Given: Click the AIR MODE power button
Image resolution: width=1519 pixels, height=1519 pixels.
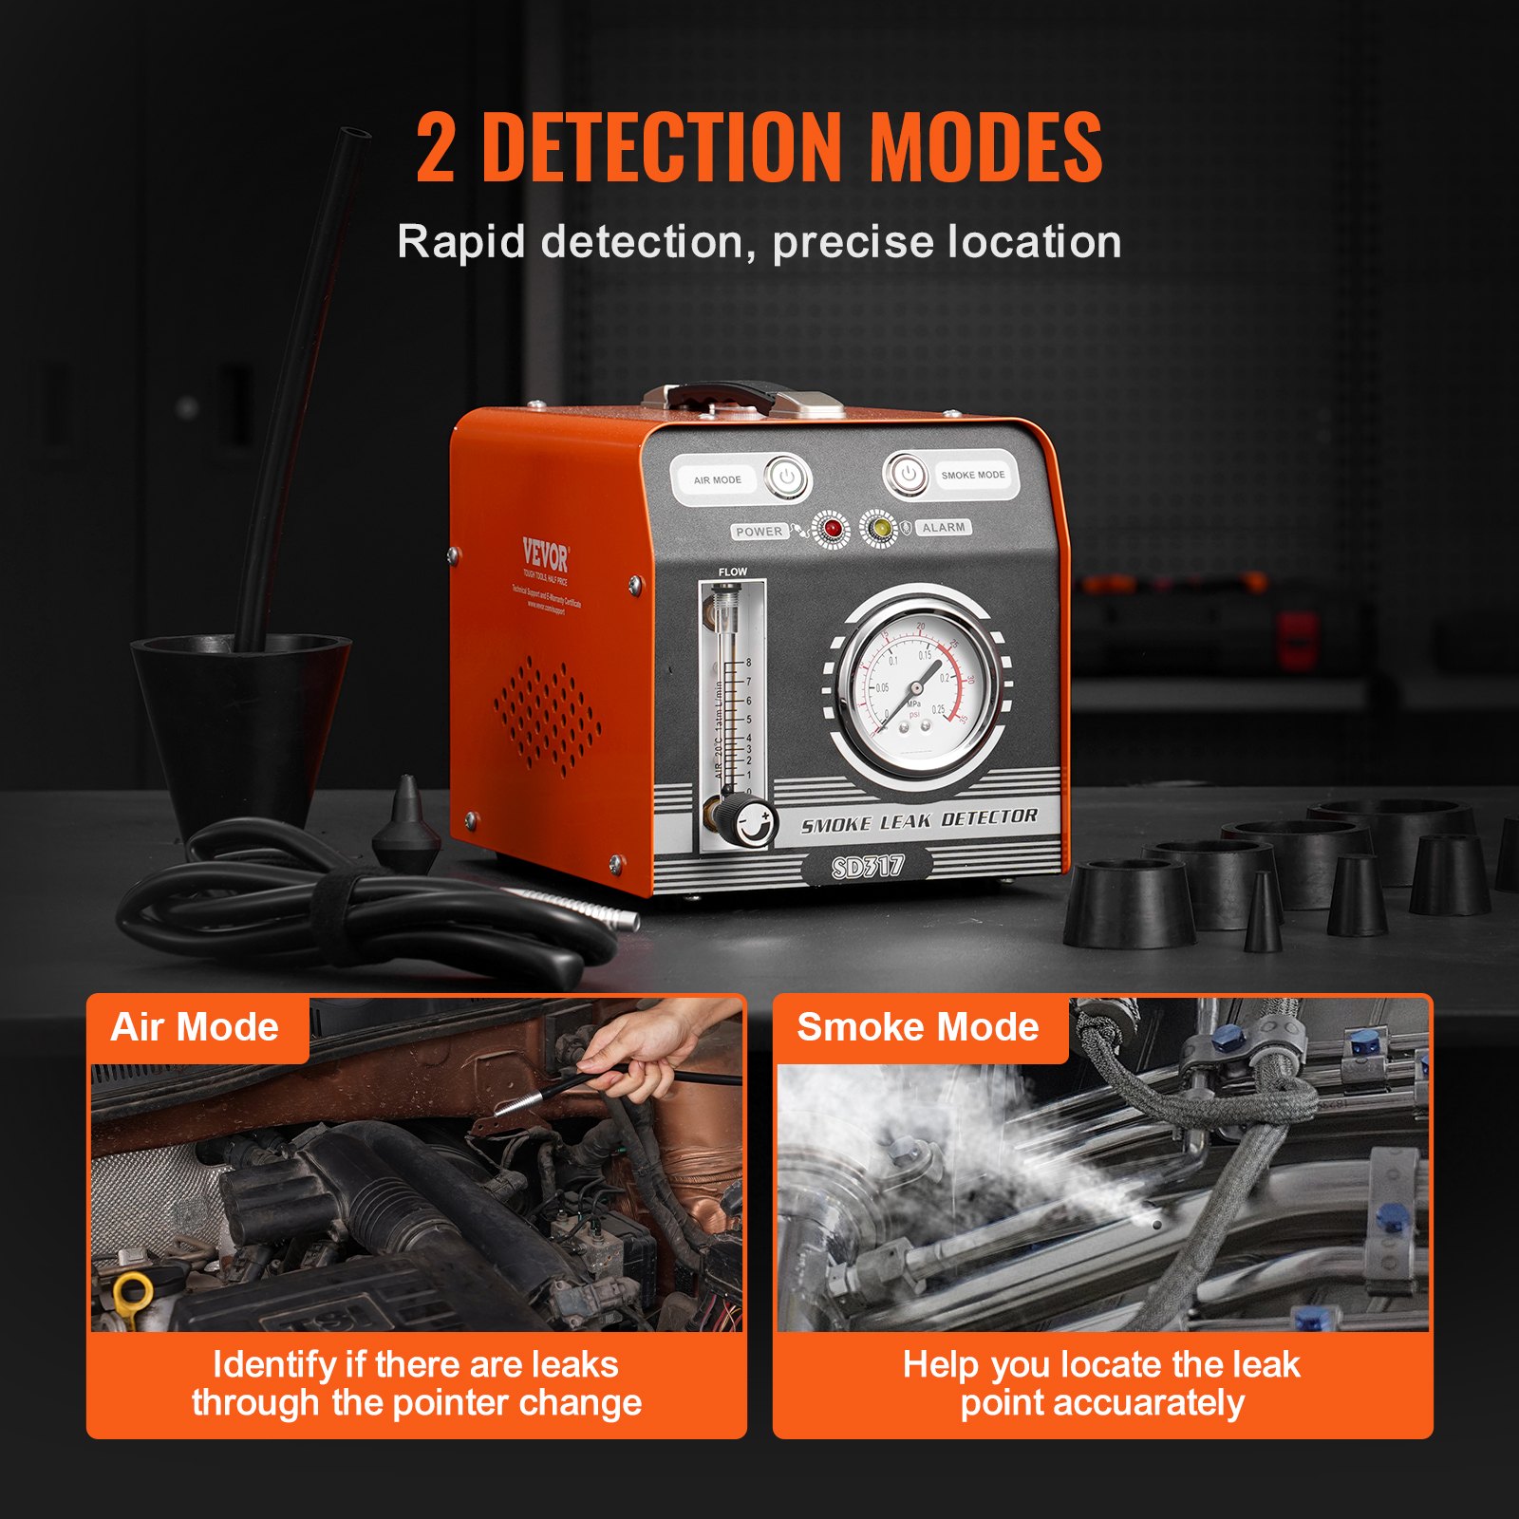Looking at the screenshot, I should coord(787,478).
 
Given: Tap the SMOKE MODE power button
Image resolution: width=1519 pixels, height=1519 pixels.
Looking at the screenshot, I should coord(907,474).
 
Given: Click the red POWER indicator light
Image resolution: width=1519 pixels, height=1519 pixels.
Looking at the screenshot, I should coord(833,529).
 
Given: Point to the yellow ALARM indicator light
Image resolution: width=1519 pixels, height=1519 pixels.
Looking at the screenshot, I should coord(880,528).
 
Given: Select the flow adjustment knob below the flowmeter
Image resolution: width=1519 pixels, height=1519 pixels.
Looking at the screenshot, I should coord(754,821).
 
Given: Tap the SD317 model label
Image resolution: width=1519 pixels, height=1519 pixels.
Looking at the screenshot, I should coord(867,866).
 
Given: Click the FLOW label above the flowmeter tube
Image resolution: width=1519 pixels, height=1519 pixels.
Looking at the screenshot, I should coord(732,572).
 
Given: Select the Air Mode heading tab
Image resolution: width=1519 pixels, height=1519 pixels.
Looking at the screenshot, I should coord(196,1027).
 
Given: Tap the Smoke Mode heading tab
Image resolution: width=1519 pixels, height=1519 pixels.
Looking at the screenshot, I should coord(917,1027).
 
